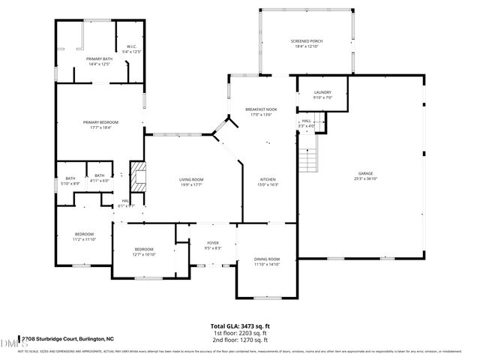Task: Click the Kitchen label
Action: (268, 180)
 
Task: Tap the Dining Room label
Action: (266, 259)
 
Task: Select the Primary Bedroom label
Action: (100, 122)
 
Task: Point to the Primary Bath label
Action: (98, 58)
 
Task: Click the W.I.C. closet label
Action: (130, 46)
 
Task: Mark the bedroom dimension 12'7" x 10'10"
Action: (144, 254)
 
